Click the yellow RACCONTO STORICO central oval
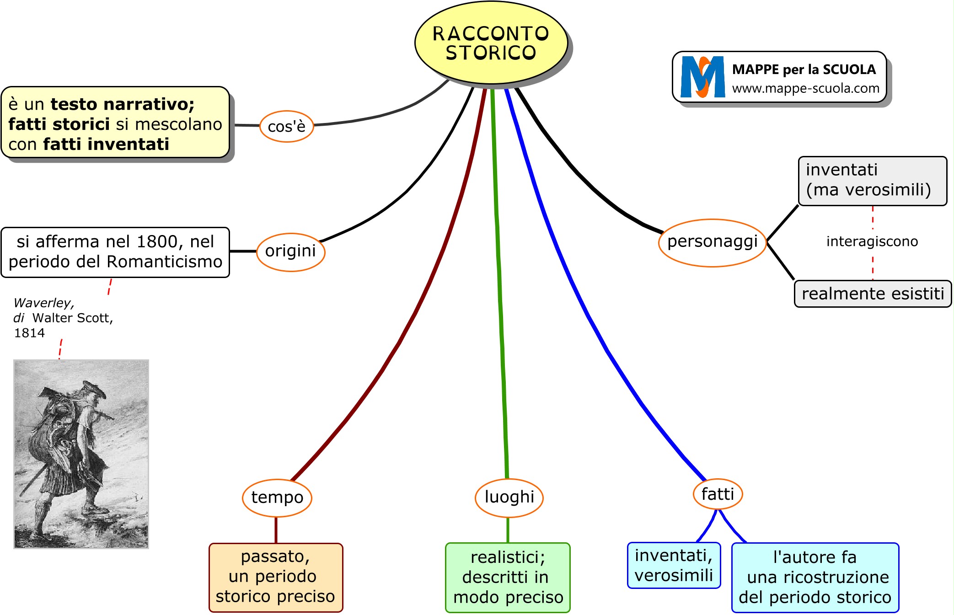(x=491, y=43)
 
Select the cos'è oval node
(x=286, y=126)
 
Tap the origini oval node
(x=290, y=251)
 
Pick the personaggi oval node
(x=712, y=242)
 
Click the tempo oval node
(x=277, y=497)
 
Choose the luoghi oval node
(x=509, y=497)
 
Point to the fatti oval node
(x=718, y=494)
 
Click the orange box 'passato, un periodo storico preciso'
(x=276, y=577)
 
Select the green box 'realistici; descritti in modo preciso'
(x=508, y=578)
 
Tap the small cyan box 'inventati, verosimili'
(x=674, y=566)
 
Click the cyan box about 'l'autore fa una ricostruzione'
(x=815, y=578)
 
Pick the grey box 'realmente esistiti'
(x=873, y=294)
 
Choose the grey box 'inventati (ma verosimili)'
(x=872, y=181)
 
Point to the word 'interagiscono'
(x=872, y=241)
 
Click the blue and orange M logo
(x=702, y=77)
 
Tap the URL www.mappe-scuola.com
(x=805, y=88)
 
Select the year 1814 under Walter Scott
(x=29, y=333)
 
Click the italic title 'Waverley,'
(x=44, y=303)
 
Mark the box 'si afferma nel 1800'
(x=115, y=252)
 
